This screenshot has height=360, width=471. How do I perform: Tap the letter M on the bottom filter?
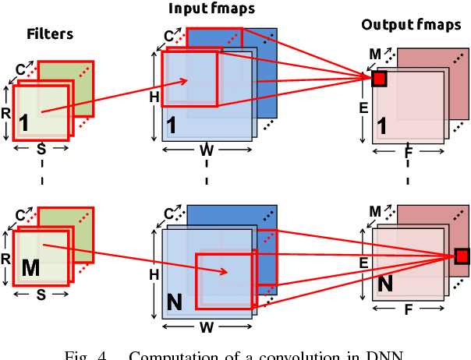pyautogui.click(x=30, y=269)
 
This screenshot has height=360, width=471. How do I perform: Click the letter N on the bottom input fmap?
pyautogui.click(x=175, y=298)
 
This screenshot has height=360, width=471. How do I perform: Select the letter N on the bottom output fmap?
pyautogui.click(x=385, y=286)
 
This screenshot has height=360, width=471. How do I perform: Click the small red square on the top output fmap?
pyautogui.click(x=379, y=78)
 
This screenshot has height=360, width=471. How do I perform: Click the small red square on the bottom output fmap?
pyautogui.click(x=462, y=256)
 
